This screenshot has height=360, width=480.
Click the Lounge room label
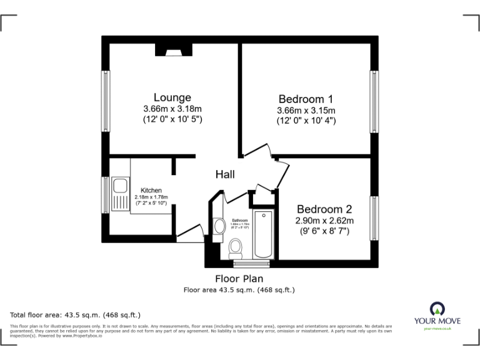coord(172,97)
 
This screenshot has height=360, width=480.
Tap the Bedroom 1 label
coord(306,99)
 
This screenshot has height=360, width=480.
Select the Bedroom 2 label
coord(324,209)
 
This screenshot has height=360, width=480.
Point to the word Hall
coord(225,174)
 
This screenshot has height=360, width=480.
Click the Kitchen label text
coord(151,191)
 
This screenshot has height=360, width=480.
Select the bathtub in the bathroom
coord(263,234)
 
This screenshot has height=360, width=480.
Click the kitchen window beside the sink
coord(106,196)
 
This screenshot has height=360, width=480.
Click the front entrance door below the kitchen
coord(191,236)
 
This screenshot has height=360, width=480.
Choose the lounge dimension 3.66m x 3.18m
coord(172,109)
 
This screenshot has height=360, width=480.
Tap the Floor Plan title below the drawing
coord(239,279)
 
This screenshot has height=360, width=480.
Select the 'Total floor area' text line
coord(76,314)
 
